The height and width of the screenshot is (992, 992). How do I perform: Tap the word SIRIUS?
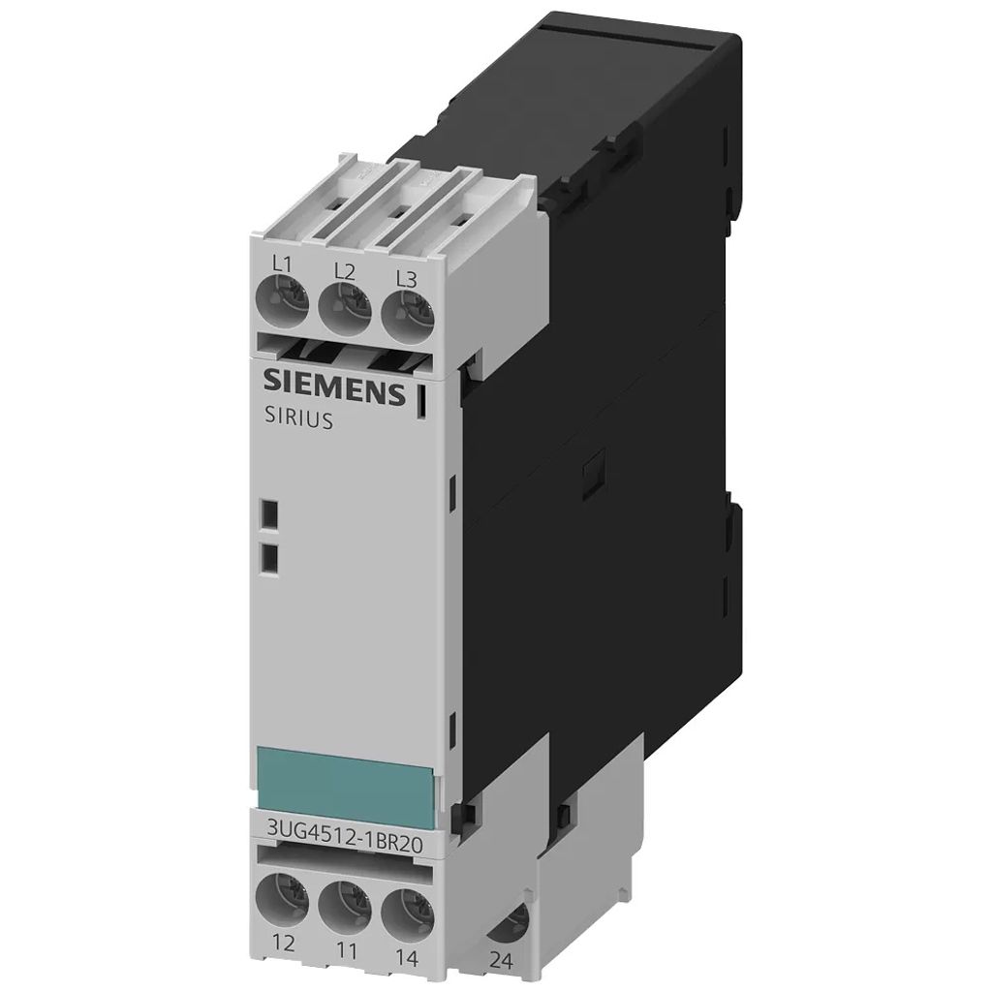[297, 420]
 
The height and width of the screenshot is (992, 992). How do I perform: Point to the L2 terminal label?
[345, 272]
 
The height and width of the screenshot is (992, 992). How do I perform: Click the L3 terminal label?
[407, 278]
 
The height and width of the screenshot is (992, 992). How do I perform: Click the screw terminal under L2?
[345, 306]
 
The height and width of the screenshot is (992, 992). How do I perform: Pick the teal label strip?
[347, 777]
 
